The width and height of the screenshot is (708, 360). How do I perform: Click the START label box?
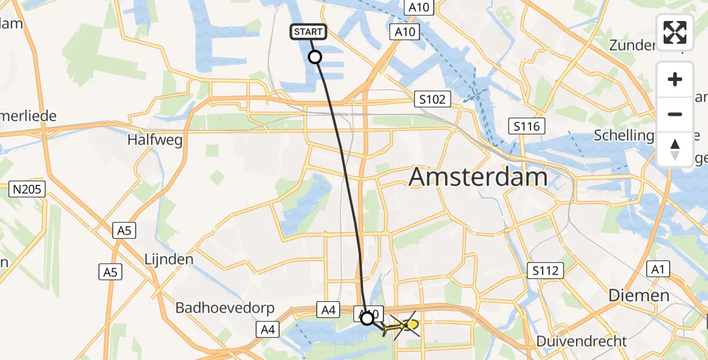tap(309, 32)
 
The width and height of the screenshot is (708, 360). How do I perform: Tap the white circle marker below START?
tap(314, 57)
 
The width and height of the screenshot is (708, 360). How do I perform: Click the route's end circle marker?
tap(367, 318)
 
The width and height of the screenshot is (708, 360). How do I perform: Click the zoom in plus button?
tap(675, 80)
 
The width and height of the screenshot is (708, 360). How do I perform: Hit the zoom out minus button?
tap(675, 114)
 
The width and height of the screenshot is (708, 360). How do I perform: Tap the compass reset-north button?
tap(675, 149)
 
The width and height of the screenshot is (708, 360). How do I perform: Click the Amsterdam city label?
tap(478, 178)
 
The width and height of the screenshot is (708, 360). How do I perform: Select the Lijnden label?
tap(169, 259)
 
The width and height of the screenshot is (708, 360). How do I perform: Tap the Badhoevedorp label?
tap(225, 308)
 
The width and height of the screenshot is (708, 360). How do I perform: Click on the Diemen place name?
tap(638, 295)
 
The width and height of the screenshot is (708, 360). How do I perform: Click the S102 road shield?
tap(433, 100)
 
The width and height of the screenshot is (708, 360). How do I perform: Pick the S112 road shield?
tap(545, 271)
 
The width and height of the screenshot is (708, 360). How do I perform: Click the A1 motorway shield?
tap(658, 270)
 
